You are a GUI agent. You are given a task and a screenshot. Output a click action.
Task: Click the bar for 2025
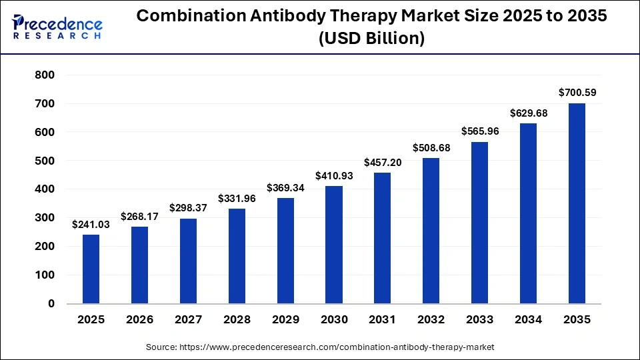pyautogui.click(x=91, y=269)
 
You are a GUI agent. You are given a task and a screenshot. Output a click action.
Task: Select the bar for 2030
pyautogui.click(x=334, y=245)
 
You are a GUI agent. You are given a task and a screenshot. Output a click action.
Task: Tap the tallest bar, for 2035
pyautogui.click(x=577, y=203)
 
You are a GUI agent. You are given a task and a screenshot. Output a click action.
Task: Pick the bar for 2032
pyautogui.click(x=431, y=231)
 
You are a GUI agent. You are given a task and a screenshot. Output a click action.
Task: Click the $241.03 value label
pyautogui.click(x=91, y=225)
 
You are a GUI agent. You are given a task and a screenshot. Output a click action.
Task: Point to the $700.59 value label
pyautogui.click(x=577, y=93)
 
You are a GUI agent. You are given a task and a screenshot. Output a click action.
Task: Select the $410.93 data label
pyautogui.click(x=334, y=176)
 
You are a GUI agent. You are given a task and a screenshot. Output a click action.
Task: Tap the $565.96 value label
pyautogui.click(x=480, y=131)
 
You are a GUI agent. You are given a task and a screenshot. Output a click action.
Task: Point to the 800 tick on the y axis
pyautogui.click(x=45, y=75)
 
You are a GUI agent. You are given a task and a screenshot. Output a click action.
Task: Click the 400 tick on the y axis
pyautogui.click(x=45, y=189)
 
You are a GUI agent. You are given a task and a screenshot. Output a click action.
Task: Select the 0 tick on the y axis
pyautogui.click(x=51, y=303)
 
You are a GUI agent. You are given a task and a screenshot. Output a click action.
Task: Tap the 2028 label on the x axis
pyautogui.click(x=237, y=320)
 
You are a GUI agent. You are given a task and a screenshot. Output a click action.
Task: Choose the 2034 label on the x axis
pyautogui.click(x=529, y=320)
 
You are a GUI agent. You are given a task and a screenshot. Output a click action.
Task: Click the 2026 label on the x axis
pyautogui.click(x=139, y=320)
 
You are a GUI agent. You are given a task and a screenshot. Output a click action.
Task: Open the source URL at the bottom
pyautogui.click(x=320, y=347)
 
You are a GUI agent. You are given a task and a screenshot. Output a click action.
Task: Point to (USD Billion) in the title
pyautogui.click(x=372, y=39)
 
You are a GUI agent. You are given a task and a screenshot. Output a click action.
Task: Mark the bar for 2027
pyautogui.click(x=188, y=261)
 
